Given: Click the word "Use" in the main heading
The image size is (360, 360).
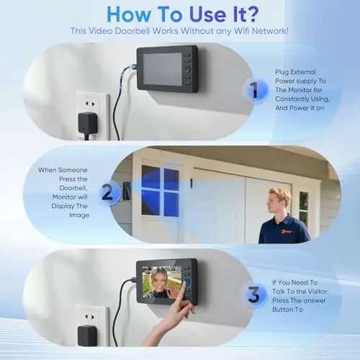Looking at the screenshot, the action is pos(207,14).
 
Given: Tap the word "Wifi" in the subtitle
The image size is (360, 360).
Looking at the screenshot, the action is pos(242,31).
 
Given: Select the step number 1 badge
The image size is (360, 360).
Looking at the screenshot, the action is pos(254,90).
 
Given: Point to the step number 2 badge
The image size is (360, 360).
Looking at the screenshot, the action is pos(107,192).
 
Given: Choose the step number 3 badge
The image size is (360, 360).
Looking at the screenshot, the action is pos(253,294).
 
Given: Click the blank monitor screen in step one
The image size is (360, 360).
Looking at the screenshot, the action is pos(163,69).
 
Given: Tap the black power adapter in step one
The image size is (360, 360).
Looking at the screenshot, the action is pos(88,124).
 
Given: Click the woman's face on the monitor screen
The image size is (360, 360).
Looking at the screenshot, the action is pos(158,279).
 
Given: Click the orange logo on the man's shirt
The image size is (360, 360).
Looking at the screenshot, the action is pos(286,232).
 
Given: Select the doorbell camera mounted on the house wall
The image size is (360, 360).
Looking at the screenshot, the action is pos(127,191).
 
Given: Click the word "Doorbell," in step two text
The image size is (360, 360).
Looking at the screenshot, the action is pos(73,188).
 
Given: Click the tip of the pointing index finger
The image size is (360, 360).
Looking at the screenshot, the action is pos(184,282).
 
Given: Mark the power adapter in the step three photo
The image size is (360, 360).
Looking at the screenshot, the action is pos(87,336).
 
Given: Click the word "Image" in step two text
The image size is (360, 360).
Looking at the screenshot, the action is pos(79,215).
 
